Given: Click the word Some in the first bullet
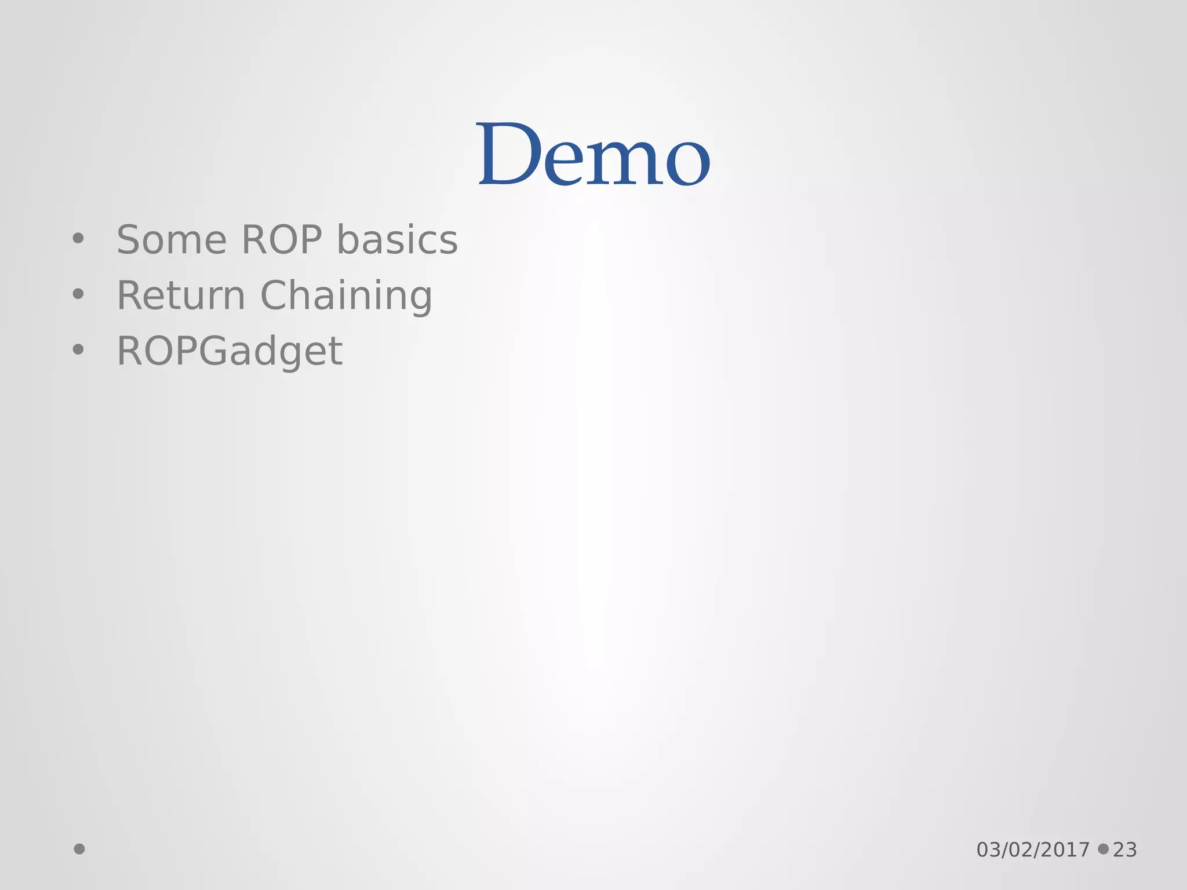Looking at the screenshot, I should (x=172, y=240).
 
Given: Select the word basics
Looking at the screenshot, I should (x=397, y=240).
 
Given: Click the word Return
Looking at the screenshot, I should (x=181, y=296).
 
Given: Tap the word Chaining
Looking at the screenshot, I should (x=346, y=297).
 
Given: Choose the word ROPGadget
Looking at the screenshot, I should (x=230, y=352).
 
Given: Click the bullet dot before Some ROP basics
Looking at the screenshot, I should (x=78, y=238).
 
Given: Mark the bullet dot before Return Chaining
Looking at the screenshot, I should (x=78, y=294).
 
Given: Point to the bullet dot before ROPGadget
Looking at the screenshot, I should (x=78, y=349).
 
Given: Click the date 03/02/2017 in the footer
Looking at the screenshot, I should (x=1033, y=850).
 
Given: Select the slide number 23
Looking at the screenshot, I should (x=1125, y=850).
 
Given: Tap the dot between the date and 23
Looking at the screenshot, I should (x=1103, y=849).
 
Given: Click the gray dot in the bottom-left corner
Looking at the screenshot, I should (x=79, y=849).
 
